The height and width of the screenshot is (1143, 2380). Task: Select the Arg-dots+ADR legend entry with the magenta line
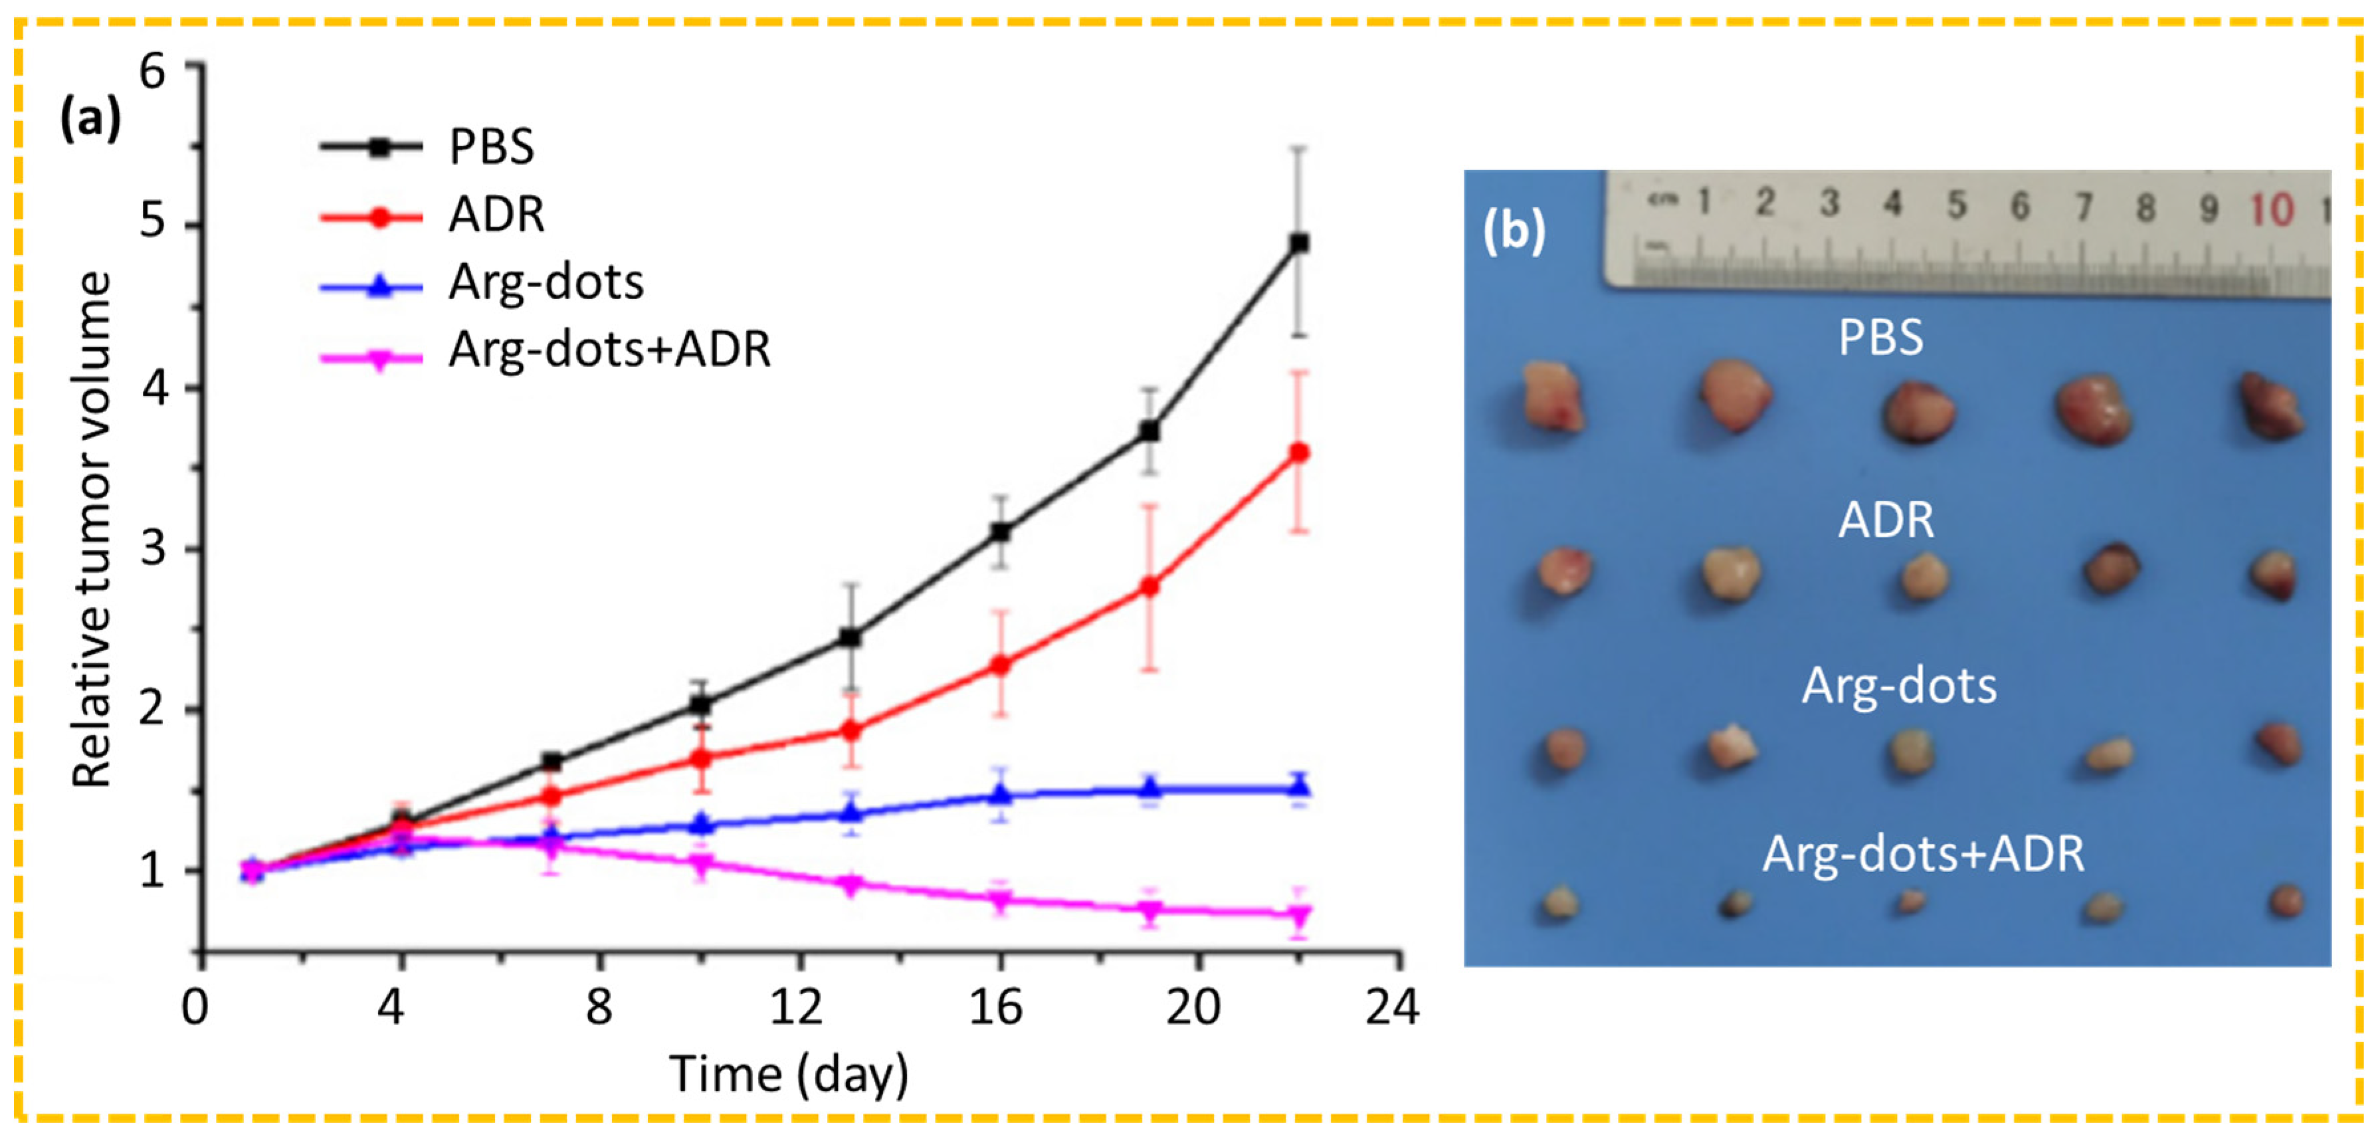(608, 350)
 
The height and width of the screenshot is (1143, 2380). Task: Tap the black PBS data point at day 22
(1298, 243)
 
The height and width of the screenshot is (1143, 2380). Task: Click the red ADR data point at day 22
(1298, 453)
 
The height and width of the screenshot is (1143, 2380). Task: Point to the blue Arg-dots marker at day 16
(1000, 795)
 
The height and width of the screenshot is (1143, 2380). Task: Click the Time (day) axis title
(789, 1075)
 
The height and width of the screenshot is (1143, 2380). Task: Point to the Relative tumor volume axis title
(92, 530)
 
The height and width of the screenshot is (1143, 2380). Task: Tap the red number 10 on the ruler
(2271, 210)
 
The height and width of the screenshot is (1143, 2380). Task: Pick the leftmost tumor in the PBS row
(1554, 397)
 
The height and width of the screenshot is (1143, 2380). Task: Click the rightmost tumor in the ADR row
(2274, 575)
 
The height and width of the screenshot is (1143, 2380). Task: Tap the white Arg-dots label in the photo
(1899, 686)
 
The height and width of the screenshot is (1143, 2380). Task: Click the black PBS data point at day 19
(1149, 431)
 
